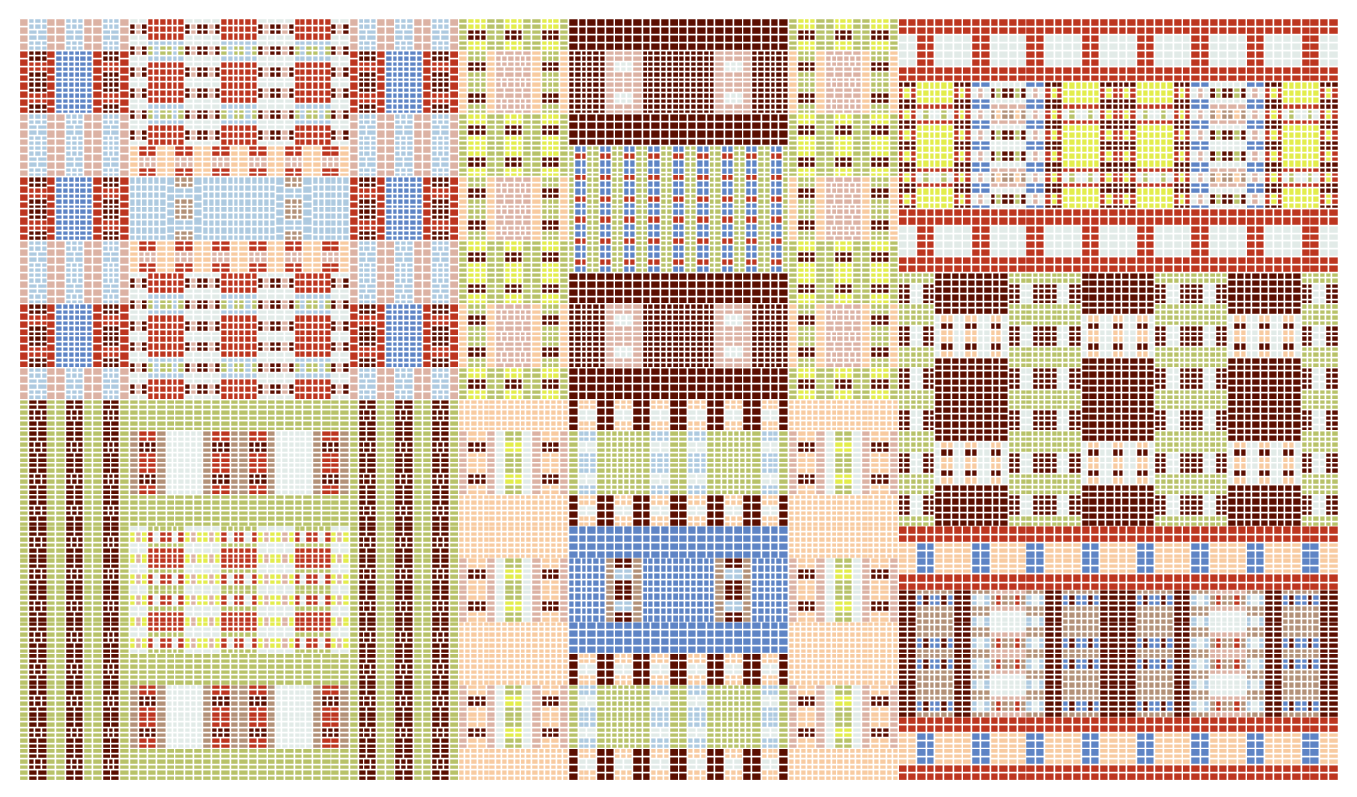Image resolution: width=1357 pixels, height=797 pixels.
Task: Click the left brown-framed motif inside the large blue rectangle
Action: pos(623,589)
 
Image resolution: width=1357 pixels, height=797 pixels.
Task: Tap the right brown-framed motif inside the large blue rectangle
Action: pos(733,589)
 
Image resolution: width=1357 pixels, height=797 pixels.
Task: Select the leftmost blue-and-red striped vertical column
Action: pos(581,208)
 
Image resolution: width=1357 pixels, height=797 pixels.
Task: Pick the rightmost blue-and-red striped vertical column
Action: pos(775,208)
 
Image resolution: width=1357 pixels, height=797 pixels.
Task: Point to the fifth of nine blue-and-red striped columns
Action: pos(678,208)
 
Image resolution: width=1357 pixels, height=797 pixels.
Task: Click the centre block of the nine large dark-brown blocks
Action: pos(1118,398)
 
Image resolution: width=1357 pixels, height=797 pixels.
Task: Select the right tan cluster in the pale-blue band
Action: pos(294,208)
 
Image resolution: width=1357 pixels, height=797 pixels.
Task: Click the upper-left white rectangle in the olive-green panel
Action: pos(184,462)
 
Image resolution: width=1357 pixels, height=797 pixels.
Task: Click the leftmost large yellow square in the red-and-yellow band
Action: pos(934,144)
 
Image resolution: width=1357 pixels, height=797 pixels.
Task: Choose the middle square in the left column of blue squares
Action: pos(74,208)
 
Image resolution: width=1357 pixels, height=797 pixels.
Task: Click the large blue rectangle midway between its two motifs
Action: pos(678,589)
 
